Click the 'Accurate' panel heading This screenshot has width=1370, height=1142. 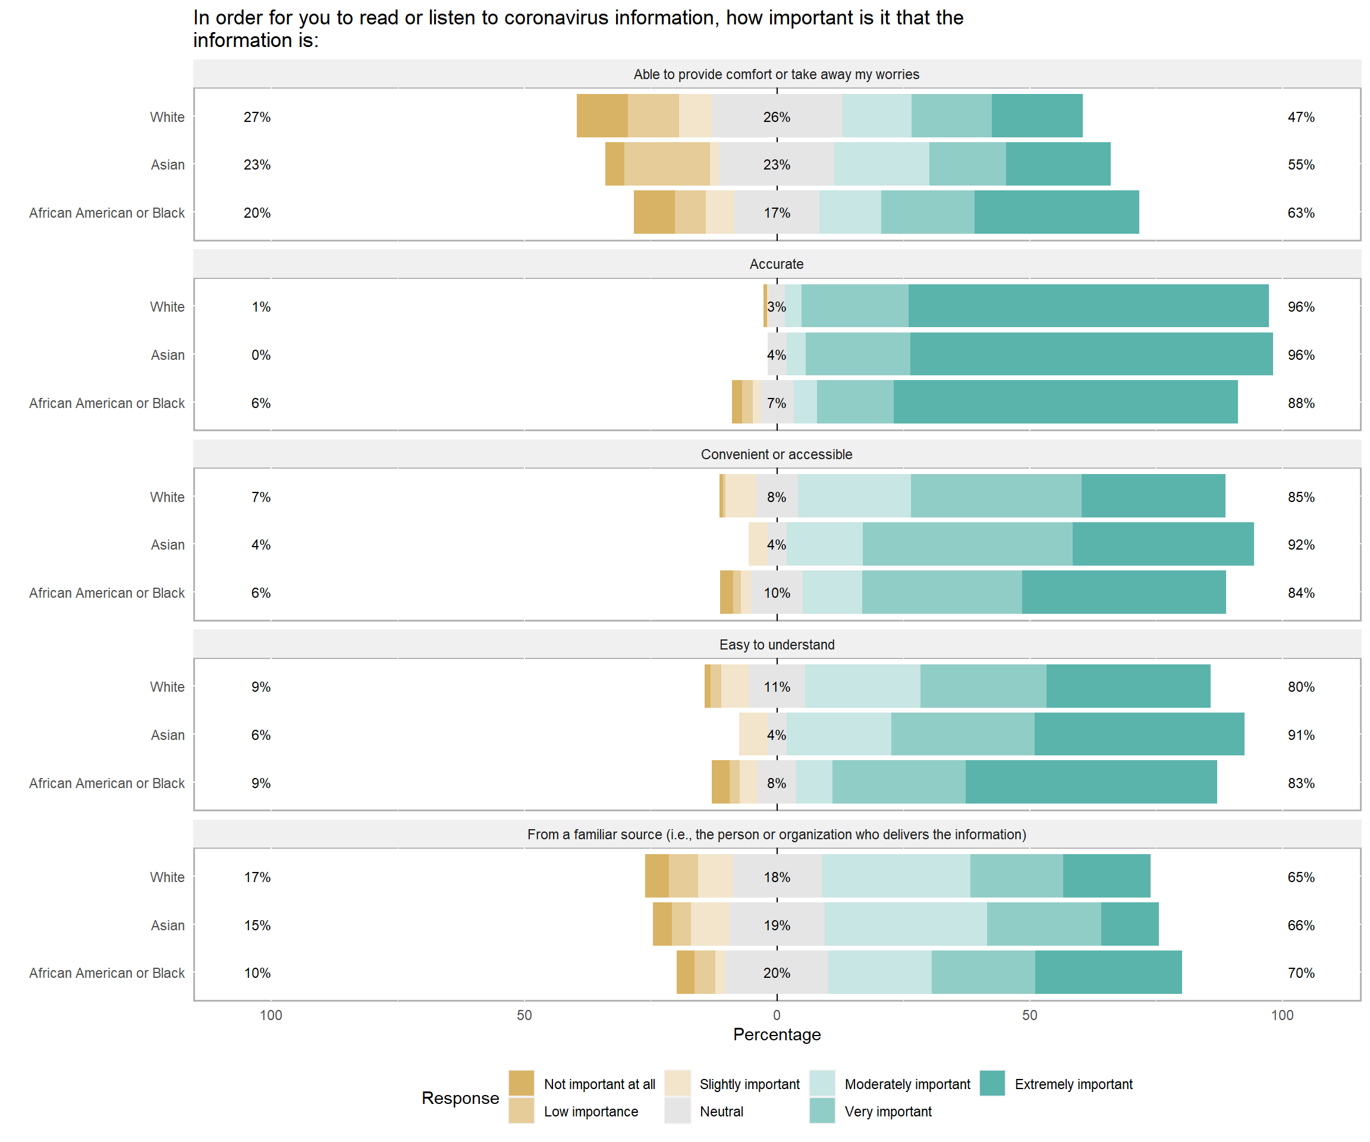coord(777,264)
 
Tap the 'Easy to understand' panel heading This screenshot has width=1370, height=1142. coord(777,645)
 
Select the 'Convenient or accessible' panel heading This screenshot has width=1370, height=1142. coord(777,454)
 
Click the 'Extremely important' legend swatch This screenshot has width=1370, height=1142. coord(992,1083)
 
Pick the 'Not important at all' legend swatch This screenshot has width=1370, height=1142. coord(521,1083)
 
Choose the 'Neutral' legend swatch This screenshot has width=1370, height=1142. coord(677,1110)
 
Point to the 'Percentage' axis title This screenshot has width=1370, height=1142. coord(777,1034)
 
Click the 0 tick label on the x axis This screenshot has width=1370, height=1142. coord(777,1015)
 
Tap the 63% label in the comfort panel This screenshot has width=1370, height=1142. coord(1301,213)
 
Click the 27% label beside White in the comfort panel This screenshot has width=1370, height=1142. coord(257,117)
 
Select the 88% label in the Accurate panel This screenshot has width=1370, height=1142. coord(1301,403)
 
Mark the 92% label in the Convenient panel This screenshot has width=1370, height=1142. coord(1301,545)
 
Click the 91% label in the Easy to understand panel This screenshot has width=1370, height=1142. coord(1301,735)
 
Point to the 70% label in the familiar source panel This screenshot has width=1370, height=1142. coord(1301,973)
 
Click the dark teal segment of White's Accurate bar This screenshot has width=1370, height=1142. coord(1088,306)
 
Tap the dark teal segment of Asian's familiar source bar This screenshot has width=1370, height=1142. coord(1130,925)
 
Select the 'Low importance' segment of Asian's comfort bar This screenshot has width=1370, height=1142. coord(667,164)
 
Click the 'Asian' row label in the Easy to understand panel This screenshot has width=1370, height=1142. coord(168,735)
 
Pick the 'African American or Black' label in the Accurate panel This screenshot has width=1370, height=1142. coord(107,403)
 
